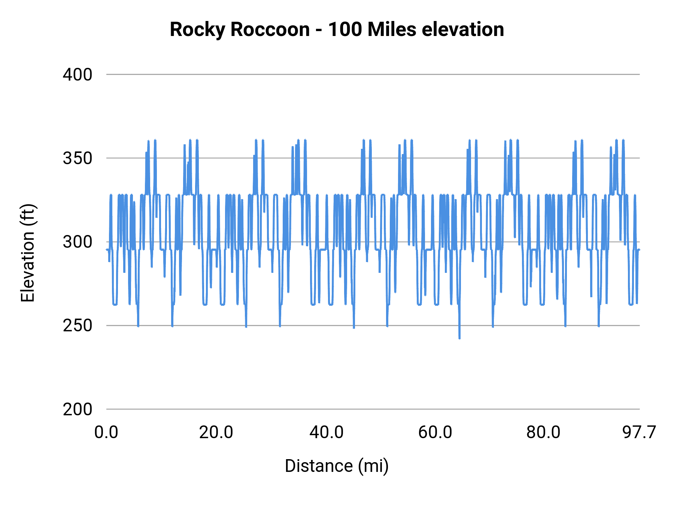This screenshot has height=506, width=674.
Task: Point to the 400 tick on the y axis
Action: (x=78, y=75)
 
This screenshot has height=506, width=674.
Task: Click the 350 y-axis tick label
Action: (x=78, y=158)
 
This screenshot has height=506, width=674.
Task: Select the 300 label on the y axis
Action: (x=78, y=242)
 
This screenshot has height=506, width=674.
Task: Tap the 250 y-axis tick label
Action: (x=78, y=325)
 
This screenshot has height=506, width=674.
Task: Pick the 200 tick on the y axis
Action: (x=78, y=409)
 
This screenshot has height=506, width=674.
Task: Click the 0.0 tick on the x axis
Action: (x=106, y=432)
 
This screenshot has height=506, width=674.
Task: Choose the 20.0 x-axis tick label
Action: (x=216, y=432)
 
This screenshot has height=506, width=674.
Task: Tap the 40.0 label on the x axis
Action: (x=326, y=432)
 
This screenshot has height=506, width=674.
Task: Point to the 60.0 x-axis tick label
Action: (x=435, y=432)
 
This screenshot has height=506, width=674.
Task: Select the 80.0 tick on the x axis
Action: (x=543, y=432)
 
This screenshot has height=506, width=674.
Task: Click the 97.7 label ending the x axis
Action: (x=639, y=432)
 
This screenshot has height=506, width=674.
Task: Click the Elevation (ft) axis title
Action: (x=28, y=253)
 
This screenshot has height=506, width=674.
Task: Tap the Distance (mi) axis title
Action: (x=337, y=466)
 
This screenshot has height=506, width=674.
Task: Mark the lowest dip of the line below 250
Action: (x=459, y=338)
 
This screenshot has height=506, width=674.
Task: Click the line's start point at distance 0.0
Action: (x=107, y=250)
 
